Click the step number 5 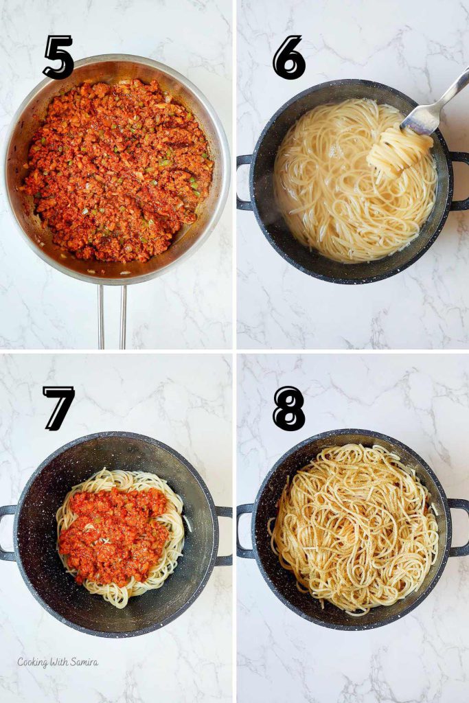(x=58, y=57)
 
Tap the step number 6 (x=288, y=57)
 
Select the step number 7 (x=58, y=408)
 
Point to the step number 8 (x=288, y=408)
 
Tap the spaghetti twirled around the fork (x=397, y=152)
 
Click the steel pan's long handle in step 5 (x=112, y=316)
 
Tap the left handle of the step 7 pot (x=7, y=533)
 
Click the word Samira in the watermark (x=83, y=662)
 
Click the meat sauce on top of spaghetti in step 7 (x=113, y=532)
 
